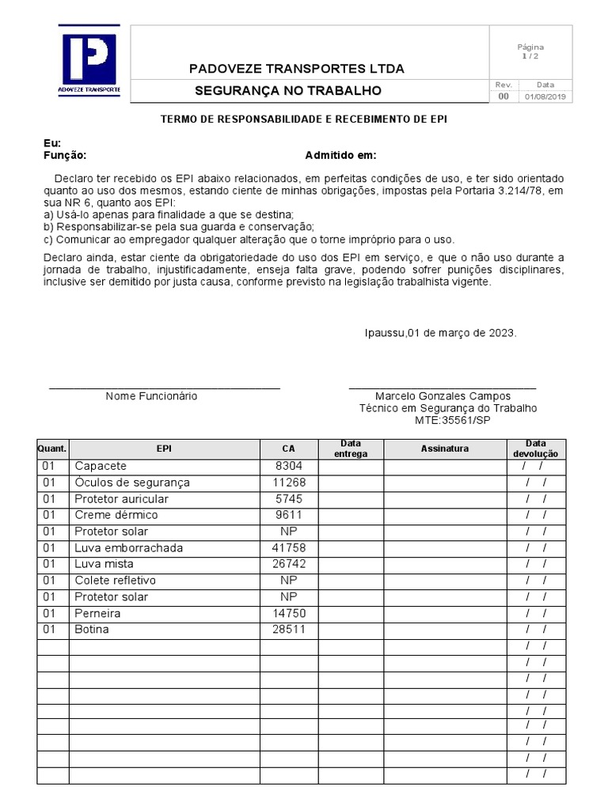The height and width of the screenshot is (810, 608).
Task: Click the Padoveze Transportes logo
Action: point(89,62)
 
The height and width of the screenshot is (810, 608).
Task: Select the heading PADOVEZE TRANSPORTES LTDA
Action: point(296,69)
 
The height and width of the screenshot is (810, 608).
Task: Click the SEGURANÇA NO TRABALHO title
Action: point(288,91)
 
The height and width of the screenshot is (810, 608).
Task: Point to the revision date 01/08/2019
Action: point(545,97)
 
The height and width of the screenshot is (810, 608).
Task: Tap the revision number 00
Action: point(503,97)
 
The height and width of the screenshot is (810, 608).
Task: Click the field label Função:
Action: point(64,155)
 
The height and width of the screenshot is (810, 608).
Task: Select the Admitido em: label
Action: point(340,155)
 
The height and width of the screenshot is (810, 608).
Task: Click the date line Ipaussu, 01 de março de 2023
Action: point(440,333)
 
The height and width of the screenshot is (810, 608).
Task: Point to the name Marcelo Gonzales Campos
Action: point(443,396)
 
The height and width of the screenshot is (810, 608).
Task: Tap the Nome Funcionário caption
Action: point(151,396)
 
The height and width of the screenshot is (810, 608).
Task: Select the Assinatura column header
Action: point(444,449)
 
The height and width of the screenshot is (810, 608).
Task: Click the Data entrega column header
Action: point(351,449)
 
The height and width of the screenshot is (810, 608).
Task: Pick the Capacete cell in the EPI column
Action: point(101,467)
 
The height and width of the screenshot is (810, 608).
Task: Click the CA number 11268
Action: point(289,483)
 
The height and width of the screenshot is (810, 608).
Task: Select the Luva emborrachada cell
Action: point(128,548)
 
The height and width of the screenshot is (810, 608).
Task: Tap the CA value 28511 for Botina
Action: point(289,630)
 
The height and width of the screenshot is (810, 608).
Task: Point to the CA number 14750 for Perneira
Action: point(289,614)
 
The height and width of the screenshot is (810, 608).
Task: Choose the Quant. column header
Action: point(52,449)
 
